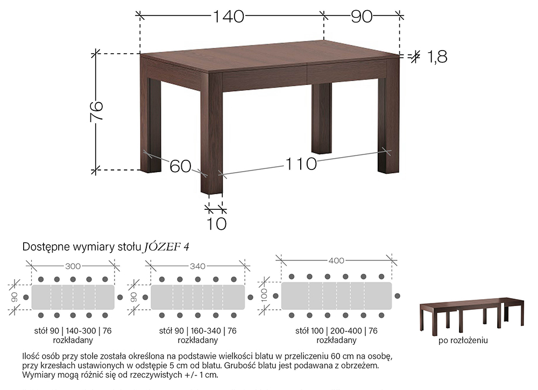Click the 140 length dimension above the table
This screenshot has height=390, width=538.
click(229, 16)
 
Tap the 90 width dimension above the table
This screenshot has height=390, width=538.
click(362, 16)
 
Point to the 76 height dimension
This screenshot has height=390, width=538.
click(96, 111)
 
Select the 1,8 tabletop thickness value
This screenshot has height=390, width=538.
click(437, 56)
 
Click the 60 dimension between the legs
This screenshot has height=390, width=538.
click(180, 166)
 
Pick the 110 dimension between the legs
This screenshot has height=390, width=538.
click(301, 164)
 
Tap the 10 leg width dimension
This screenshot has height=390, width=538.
click(216, 224)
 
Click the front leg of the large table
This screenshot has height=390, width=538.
click(211, 134)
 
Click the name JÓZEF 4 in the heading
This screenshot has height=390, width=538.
click(166, 246)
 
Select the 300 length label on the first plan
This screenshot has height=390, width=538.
click(73, 266)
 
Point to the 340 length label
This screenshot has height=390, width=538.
click(197, 266)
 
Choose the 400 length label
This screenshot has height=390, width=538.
click(336, 261)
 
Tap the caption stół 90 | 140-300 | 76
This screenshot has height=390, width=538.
click(73, 331)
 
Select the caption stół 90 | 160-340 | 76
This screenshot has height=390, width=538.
click(197, 331)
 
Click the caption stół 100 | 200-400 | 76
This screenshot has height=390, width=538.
click(336, 331)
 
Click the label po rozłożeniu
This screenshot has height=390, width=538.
click(463, 341)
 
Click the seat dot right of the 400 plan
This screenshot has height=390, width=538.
click(398, 296)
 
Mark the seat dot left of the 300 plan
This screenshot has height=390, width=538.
click(26, 297)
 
